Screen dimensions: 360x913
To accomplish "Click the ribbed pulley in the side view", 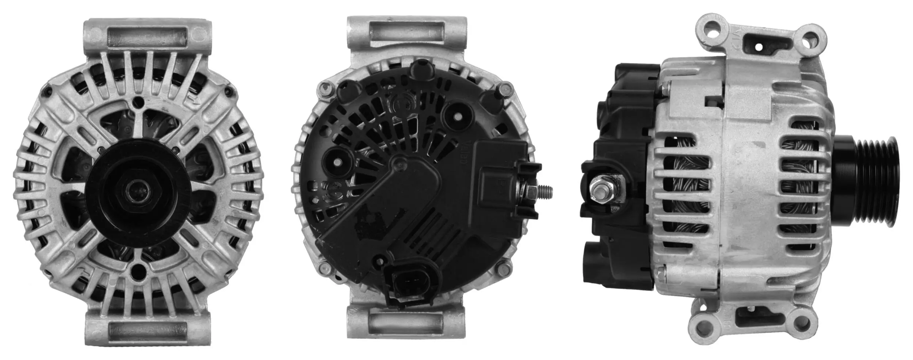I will [x=869, y=182].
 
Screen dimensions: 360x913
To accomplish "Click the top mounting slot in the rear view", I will [x=406, y=33].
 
